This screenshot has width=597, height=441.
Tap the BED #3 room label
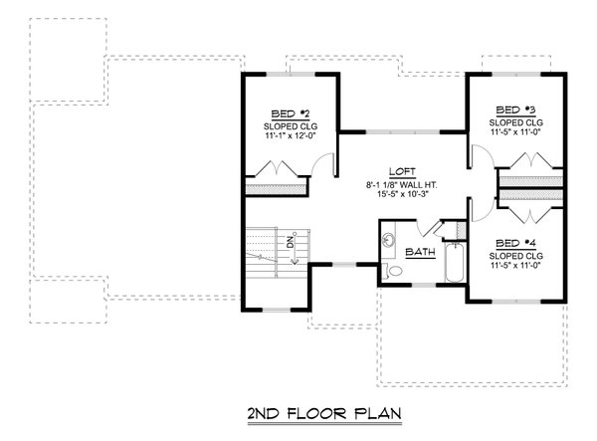coord(515,109)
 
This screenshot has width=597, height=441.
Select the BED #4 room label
coord(515,243)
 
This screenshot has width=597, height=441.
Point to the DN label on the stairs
coord(291,242)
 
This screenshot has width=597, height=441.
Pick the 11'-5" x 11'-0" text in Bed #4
coord(515,264)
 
